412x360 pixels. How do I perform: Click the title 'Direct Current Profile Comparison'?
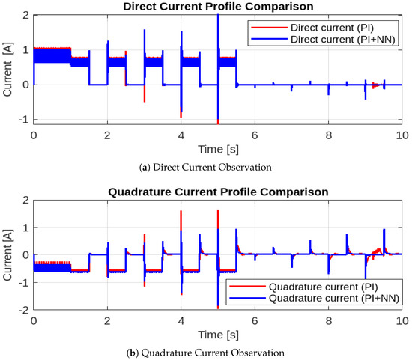[x=217, y=7]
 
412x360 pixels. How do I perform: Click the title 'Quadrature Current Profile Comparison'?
[x=217, y=192]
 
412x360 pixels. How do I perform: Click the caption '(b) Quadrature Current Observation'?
[x=217, y=352]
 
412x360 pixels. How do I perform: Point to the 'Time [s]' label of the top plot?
[x=217, y=149]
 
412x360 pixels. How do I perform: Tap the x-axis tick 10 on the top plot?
[x=402, y=135]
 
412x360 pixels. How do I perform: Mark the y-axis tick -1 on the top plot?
[x=22, y=120]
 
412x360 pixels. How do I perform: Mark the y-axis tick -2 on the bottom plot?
[x=22, y=310]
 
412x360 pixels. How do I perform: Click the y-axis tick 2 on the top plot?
[x=25, y=15]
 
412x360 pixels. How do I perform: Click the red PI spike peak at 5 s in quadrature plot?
[x=217, y=211]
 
